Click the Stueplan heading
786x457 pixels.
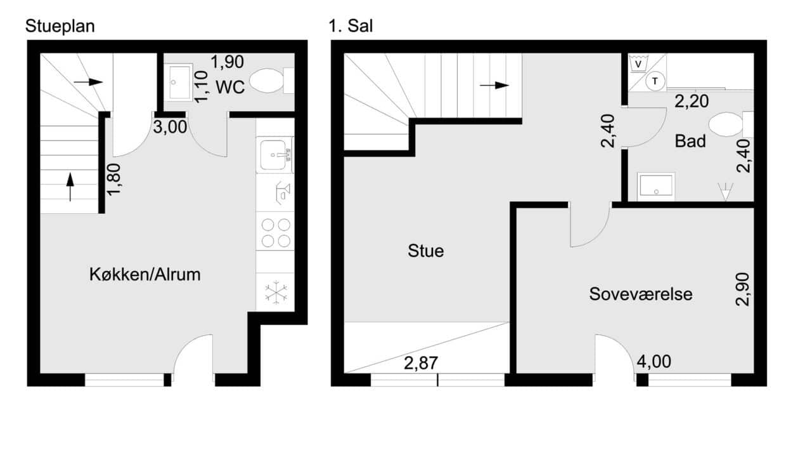[x=60, y=27]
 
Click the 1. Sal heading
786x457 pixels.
[x=351, y=26]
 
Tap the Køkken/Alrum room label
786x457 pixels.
[x=145, y=274]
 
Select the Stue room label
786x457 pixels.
[x=425, y=251]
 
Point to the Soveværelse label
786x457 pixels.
[x=641, y=294]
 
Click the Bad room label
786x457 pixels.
[x=690, y=141]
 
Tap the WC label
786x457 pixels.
[x=230, y=87]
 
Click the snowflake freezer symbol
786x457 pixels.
[x=276, y=292]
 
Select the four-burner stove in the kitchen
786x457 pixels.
[x=276, y=232]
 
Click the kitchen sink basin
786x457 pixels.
[x=273, y=155]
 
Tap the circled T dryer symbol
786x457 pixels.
[x=655, y=81]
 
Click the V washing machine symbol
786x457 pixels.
[x=639, y=64]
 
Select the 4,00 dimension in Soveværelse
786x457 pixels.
[x=654, y=361]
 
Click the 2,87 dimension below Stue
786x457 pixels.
[x=421, y=363]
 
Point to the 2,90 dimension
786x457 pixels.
[x=743, y=289]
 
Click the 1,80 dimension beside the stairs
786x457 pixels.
[x=113, y=180]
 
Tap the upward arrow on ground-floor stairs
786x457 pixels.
[x=70, y=187]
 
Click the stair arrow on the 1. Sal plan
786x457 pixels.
[x=494, y=85]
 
